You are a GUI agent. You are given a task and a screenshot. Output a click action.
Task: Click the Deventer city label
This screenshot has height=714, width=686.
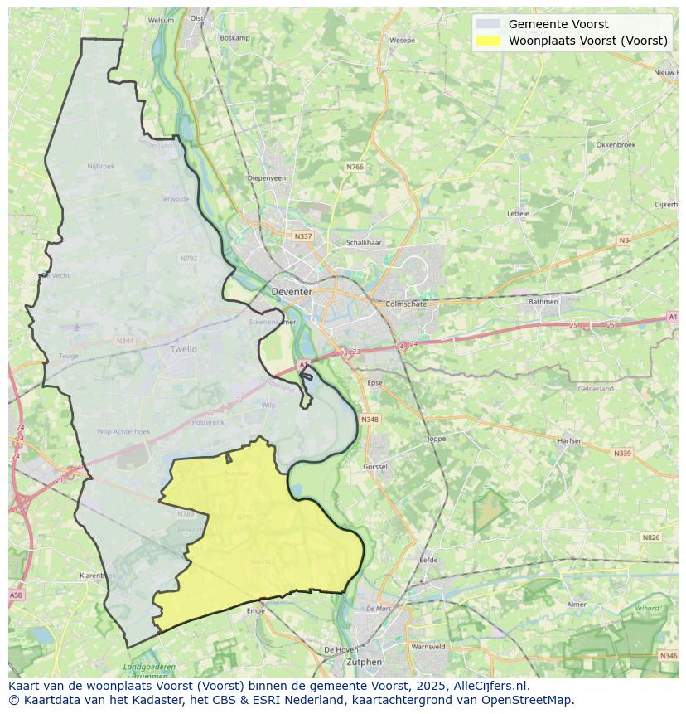click(x=292, y=292)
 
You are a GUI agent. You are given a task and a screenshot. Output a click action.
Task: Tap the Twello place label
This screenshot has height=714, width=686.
click(x=184, y=349)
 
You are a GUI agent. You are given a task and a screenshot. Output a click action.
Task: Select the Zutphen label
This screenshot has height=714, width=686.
click(x=365, y=662)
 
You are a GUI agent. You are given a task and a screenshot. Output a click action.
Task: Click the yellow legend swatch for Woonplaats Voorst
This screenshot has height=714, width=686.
click(x=489, y=41)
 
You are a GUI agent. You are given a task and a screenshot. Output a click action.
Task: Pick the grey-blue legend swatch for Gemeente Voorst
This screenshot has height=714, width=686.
click(x=489, y=24)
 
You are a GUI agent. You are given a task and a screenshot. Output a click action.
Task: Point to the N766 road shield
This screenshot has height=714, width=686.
click(x=355, y=167)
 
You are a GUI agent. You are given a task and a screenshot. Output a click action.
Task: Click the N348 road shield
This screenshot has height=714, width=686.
click(x=370, y=420)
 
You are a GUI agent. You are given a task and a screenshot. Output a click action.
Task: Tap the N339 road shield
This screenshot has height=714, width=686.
click(x=621, y=454)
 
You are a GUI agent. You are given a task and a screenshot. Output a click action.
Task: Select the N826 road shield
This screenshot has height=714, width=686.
click(x=651, y=537)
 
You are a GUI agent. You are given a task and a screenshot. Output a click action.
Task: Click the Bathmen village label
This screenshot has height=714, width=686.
click(x=543, y=301)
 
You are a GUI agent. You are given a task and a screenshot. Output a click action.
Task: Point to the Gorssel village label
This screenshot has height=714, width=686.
click(x=375, y=467)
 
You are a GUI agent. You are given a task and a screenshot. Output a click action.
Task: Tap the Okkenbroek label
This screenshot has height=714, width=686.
click(x=616, y=144)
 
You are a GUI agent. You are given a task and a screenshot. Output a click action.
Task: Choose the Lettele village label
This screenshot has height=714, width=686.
click(x=518, y=213)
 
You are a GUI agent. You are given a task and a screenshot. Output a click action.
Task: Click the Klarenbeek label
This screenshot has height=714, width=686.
click(x=96, y=575)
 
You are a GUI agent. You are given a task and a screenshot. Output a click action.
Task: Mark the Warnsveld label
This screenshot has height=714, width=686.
click(x=428, y=646)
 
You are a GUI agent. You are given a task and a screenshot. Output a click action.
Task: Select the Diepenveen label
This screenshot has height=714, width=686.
click(x=267, y=177)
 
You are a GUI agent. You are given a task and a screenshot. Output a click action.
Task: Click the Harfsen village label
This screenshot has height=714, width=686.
click(x=570, y=440)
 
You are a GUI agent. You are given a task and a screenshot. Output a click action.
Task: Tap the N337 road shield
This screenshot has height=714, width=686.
click(x=303, y=236)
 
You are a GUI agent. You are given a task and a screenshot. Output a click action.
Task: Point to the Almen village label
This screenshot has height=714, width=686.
click(x=577, y=605)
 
